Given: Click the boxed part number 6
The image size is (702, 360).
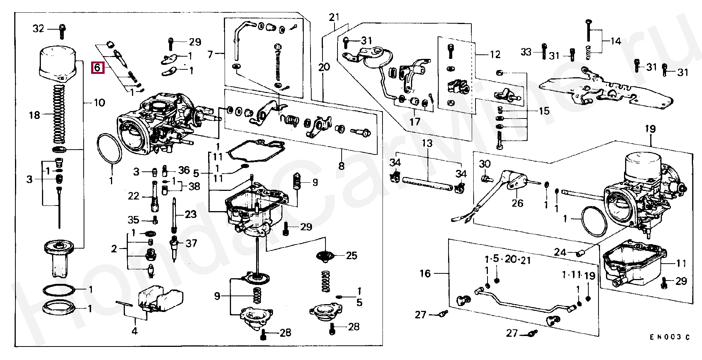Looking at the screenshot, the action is (x=97, y=67).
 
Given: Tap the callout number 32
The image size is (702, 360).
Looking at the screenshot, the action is (x=38, y=28).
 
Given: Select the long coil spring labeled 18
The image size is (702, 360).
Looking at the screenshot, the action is (x=58, y=114).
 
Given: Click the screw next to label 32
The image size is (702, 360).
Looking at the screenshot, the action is (x=62, y=31).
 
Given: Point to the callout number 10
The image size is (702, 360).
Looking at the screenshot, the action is (x=99, y=103).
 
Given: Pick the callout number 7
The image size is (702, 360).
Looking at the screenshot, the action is (x=210, y=55).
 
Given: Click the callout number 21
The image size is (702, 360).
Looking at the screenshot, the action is (x=334, y=17).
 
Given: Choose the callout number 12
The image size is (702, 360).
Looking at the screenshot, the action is (x=495, y=55).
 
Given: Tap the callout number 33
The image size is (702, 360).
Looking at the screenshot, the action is (x=526, y=52).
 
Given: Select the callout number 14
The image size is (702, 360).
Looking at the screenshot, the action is (x=616, y=41).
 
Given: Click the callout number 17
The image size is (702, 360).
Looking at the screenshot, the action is (x=415, y=122).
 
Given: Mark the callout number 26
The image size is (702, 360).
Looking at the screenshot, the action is (x=517, y=203).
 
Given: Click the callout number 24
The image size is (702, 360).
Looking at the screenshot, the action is (x=560, y=252).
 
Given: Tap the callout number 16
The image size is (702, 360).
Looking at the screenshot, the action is (x=425, y=273).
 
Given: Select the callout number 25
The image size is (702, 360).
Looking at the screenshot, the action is (x=351, y=256).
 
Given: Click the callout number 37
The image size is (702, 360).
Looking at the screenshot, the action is (x=191, y=243).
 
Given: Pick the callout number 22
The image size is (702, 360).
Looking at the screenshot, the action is (x=133, y=196).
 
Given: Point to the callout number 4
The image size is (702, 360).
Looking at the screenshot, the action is (x=135, y=331).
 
